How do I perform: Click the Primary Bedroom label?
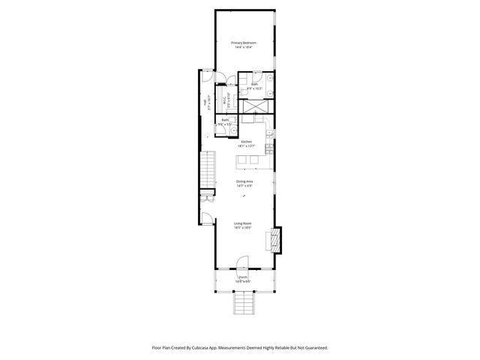coord(244,43)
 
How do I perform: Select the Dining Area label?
coord(244,181)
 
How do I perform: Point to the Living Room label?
coord(243,223)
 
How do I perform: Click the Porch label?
coord(243,277)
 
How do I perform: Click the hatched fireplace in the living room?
coord(274,240)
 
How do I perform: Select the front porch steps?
coord(243,303)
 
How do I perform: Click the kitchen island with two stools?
coord(247,161)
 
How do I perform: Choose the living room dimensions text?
coord(243,228)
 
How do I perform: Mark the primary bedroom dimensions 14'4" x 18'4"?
coord(243,47)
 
